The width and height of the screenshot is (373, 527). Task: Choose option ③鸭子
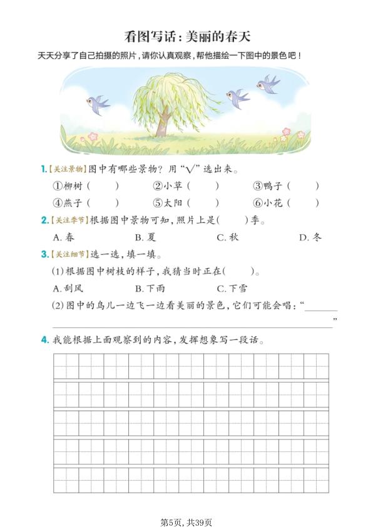(x=268, y=186)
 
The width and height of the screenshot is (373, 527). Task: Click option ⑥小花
(x=268, y=203)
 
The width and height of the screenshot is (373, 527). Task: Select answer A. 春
(x=64, y=237)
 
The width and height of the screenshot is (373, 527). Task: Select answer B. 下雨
(x=150, y=289)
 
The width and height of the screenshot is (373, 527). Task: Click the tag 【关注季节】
(x=69, y=220)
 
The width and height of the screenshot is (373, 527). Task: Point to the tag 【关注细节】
(x=69, y=255)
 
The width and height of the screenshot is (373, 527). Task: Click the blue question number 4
(x=44, y=340)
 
